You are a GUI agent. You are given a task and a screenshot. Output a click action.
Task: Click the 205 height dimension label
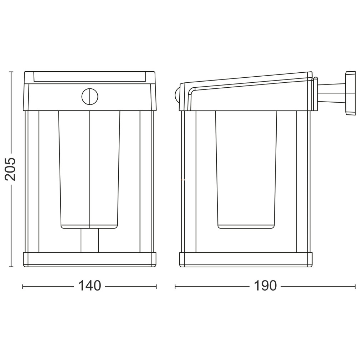(10, 169)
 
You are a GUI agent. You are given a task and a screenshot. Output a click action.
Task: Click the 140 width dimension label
(89, 286)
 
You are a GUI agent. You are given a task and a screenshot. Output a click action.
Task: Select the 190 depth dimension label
(265, 286)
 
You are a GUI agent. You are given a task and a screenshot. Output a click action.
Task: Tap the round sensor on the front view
(90, 97)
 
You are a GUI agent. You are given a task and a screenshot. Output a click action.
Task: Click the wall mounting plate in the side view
(350, 93)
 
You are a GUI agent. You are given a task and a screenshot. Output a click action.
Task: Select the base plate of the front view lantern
(90, 260)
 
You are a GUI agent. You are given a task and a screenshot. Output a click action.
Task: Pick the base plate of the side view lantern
(246, 260)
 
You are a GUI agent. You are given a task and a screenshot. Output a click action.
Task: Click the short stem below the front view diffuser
(89, 240)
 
